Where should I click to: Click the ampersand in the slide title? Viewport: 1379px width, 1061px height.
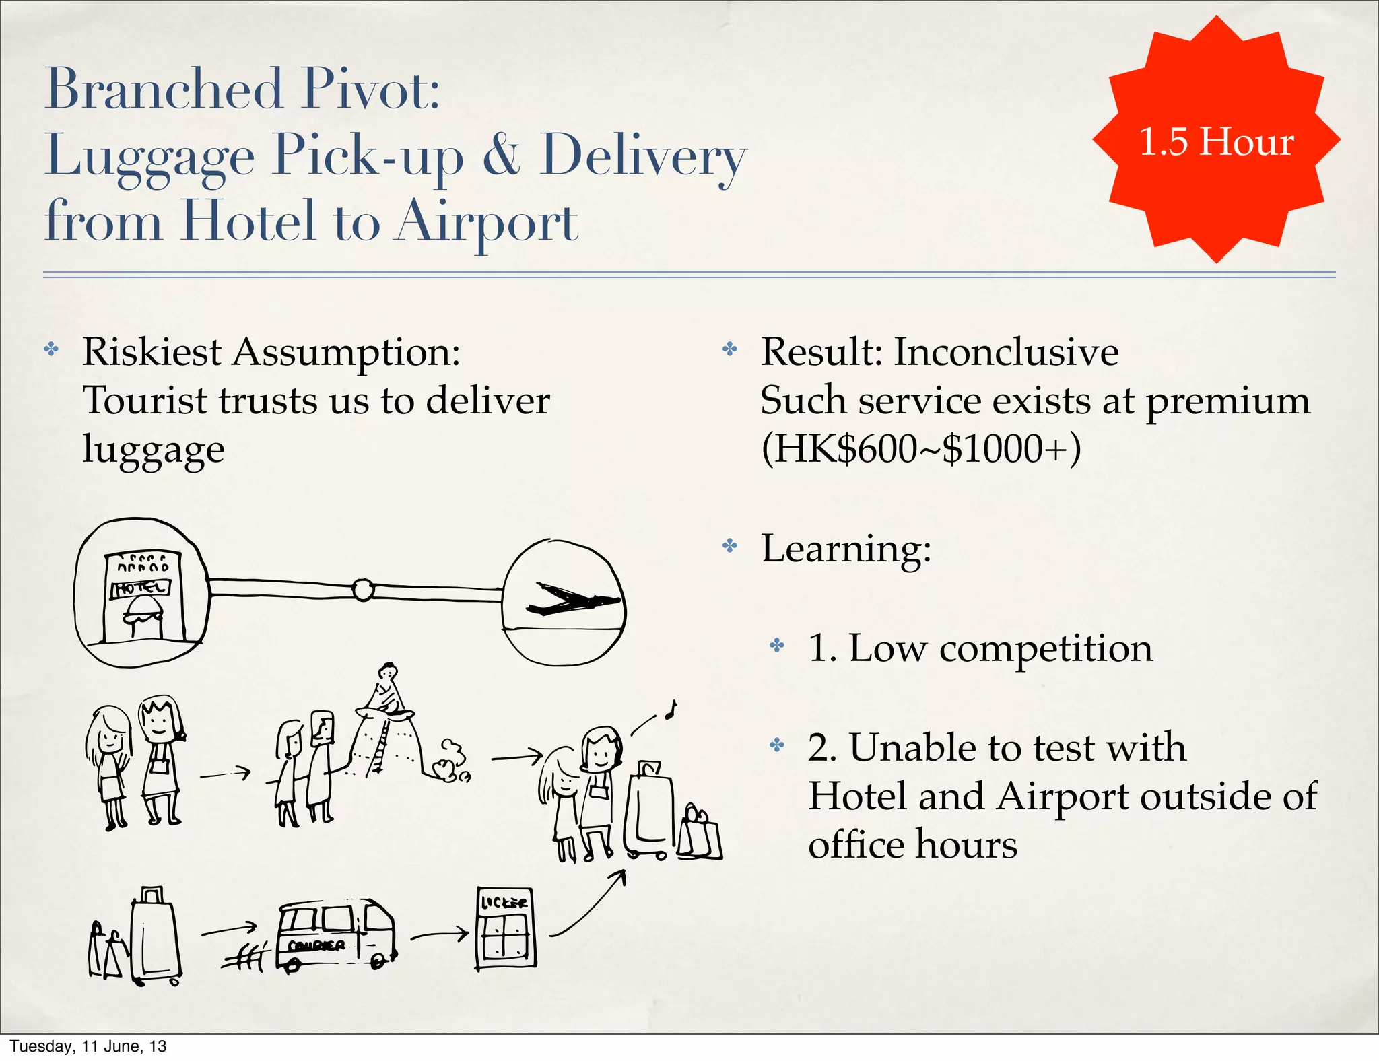[502, 155]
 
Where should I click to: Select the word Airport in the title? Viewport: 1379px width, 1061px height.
[485, 221]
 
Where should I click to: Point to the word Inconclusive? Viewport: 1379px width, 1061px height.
[1006, 352]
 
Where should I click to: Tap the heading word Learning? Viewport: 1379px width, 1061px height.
[846, 549]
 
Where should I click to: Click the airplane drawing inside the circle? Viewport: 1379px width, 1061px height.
[572, 599]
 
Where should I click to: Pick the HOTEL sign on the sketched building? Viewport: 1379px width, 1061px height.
[141, 588]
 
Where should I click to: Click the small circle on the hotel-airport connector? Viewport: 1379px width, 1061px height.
[363, 590]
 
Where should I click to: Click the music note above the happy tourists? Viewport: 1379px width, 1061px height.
[669, 710]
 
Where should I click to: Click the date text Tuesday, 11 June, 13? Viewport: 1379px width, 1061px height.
[88, 1046]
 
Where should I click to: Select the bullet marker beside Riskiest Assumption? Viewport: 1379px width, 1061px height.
[51, 349]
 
